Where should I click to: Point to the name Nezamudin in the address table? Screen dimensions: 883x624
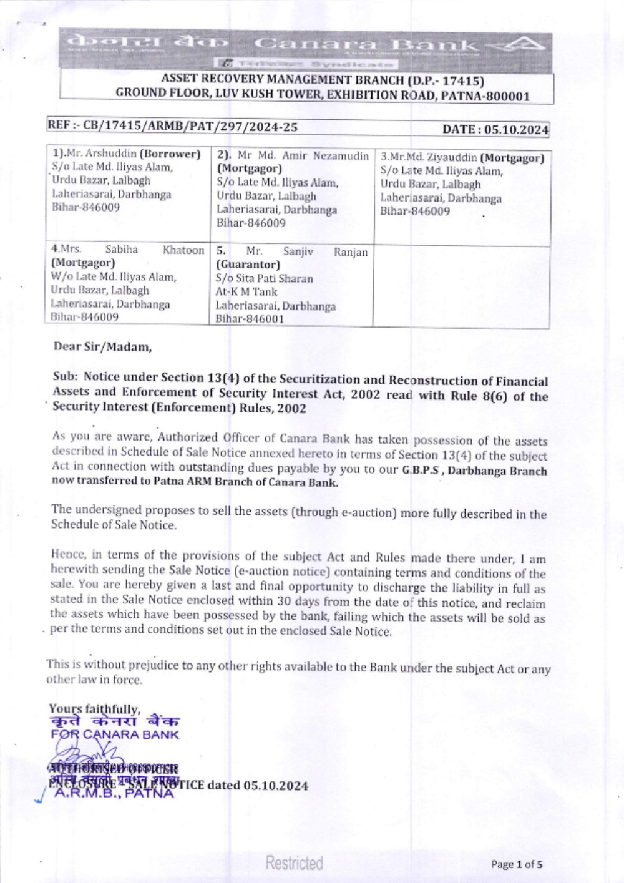tap(341, 155)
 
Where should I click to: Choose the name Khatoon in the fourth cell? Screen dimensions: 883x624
tap(183, 250)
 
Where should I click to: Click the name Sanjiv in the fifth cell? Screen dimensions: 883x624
tap(298, 251)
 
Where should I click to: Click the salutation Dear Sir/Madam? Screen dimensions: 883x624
tap(102, 346)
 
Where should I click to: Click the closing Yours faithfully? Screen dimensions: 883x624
tap(94, 709)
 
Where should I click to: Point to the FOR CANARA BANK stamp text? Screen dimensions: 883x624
tap(115, 735)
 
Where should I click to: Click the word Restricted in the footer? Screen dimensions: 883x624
tap(294, 863)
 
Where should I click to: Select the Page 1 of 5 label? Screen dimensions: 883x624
tap(516, 864)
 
